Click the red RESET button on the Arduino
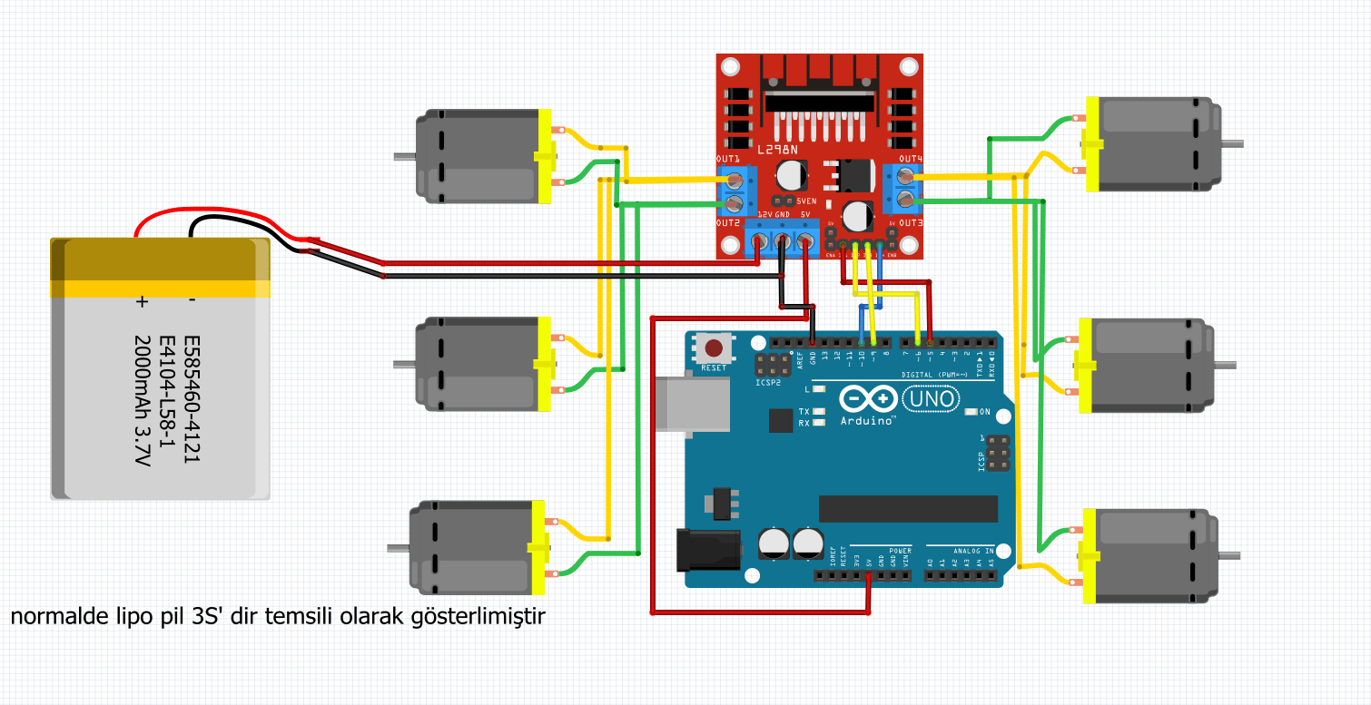[715, 348]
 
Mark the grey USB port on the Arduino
[692, 403]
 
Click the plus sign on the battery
[142, 302]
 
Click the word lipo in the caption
[115, 618]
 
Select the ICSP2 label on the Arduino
[769, 383]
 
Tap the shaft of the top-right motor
[1233, 143]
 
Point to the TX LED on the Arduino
[819, 412]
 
